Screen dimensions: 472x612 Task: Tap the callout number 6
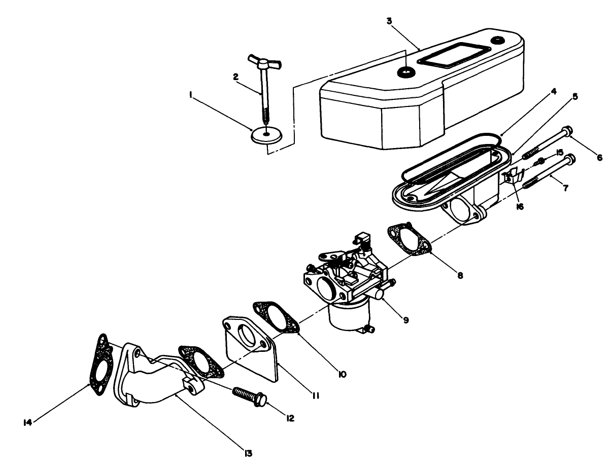599,158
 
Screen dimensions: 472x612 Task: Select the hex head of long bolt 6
568,130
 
